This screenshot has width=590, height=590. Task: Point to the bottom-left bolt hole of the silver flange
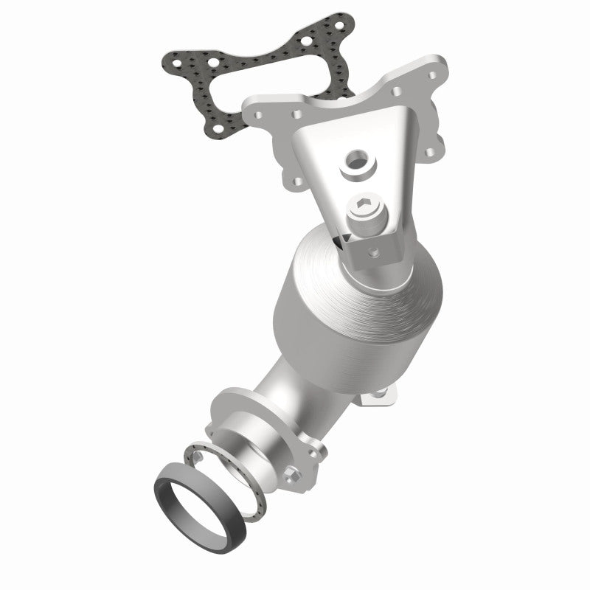pyautogui.click(x=298, y=180)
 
